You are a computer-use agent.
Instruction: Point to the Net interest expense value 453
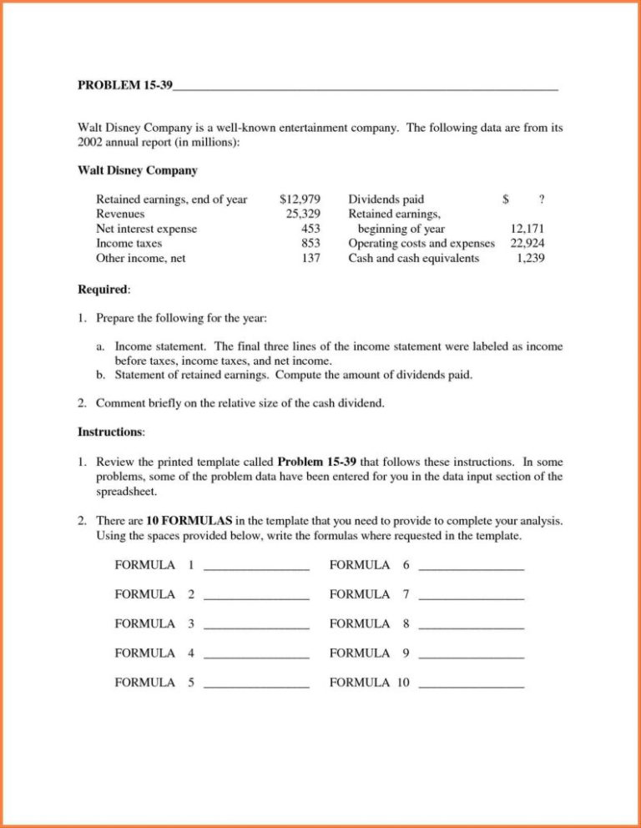pyautogui.click(x=311, y=229)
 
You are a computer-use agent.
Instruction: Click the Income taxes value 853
pyautogui.click(x=311, y=244)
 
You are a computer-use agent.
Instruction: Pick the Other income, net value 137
pyautogui.click(x=311, y=259)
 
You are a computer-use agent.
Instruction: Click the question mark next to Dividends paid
pyautogui.click(x=542, y=199)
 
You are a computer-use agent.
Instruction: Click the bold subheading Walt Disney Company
pyautogui.click(x=138, y=171)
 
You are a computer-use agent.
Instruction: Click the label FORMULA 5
pyautogui.click(x=154, y=683)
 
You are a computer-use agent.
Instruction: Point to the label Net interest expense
pyautogui.click(x=147, y=229)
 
